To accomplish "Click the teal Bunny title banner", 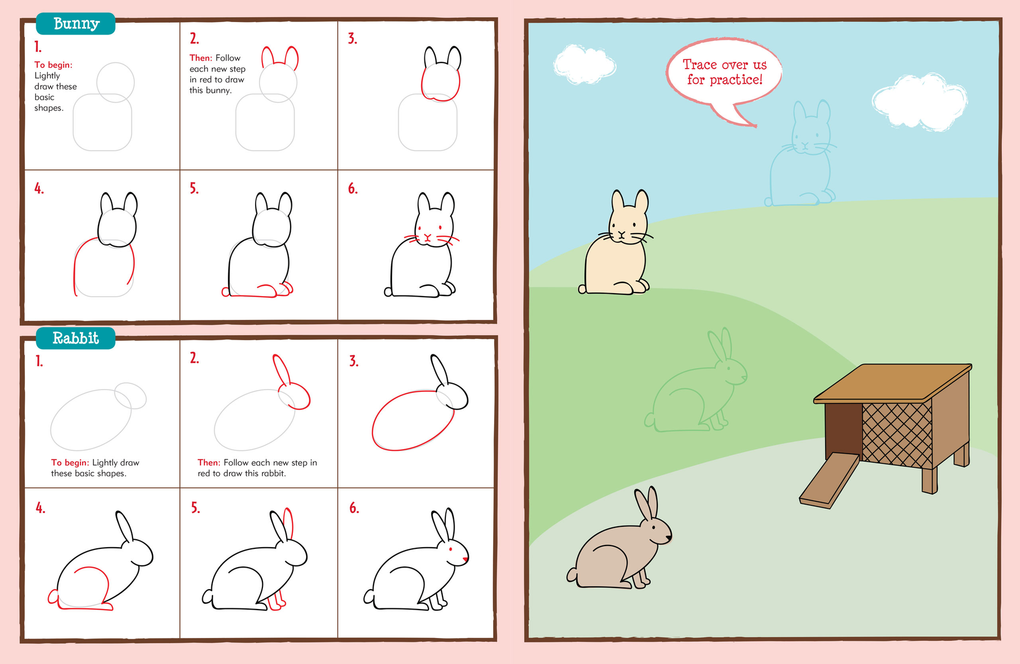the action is [75, 23].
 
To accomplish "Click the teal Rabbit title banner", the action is [75, 338].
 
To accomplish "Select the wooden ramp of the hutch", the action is [829, 480].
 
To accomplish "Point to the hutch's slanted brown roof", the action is [892, 384].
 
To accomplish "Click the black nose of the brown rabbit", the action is [669, 536].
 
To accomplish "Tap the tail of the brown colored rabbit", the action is [572, 574].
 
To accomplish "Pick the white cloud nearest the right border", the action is [919, 102].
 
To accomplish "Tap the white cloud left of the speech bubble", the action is [584, 64].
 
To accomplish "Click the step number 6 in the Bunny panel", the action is [352, 189].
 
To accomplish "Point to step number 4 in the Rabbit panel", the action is [40, 508].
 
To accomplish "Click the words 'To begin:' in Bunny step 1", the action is [53, 65].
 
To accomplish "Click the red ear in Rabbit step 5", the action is [288, 523].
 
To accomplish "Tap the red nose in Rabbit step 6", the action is [465, 560].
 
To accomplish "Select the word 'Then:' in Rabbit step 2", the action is [209, 463].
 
